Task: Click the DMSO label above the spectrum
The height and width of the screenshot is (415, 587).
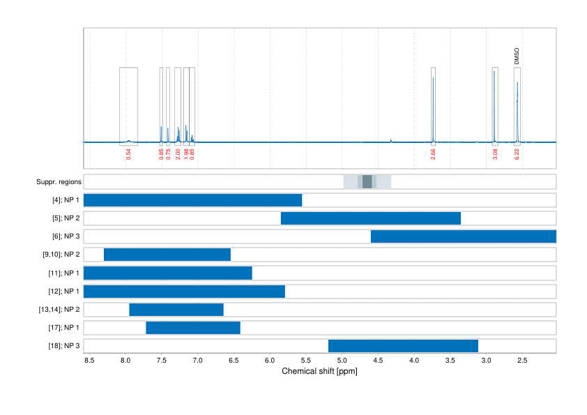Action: pyautogui.click(x=517, y=56)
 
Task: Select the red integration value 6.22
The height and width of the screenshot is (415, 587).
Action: pyautogui.click(x=517, y=154)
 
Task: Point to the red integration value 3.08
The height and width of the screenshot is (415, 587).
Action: pyautogui.click(x=495, y=154)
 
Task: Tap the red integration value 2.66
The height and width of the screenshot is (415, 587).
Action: pyautogui.click(x=433, y=154)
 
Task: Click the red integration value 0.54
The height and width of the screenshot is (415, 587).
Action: pyautogui.click(x=128, y=154)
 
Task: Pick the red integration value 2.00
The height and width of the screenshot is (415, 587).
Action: pyautogui.click(x=178, y=154)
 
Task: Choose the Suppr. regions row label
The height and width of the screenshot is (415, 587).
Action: pyautogui.click(x=59, y=182)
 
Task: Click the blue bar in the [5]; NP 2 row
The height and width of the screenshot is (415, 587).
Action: pyautogui.click(x=370, y=218)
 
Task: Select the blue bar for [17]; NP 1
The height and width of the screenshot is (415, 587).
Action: pyautogui.click(x=193, y=327)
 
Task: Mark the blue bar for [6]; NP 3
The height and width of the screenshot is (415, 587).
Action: pyautogui.click(x=463, y=236)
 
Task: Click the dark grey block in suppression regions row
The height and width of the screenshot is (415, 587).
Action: pyautogui.click(x=367, y=182)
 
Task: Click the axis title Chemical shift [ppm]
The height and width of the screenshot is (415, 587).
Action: pyautogui.click(x=319, y=372)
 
